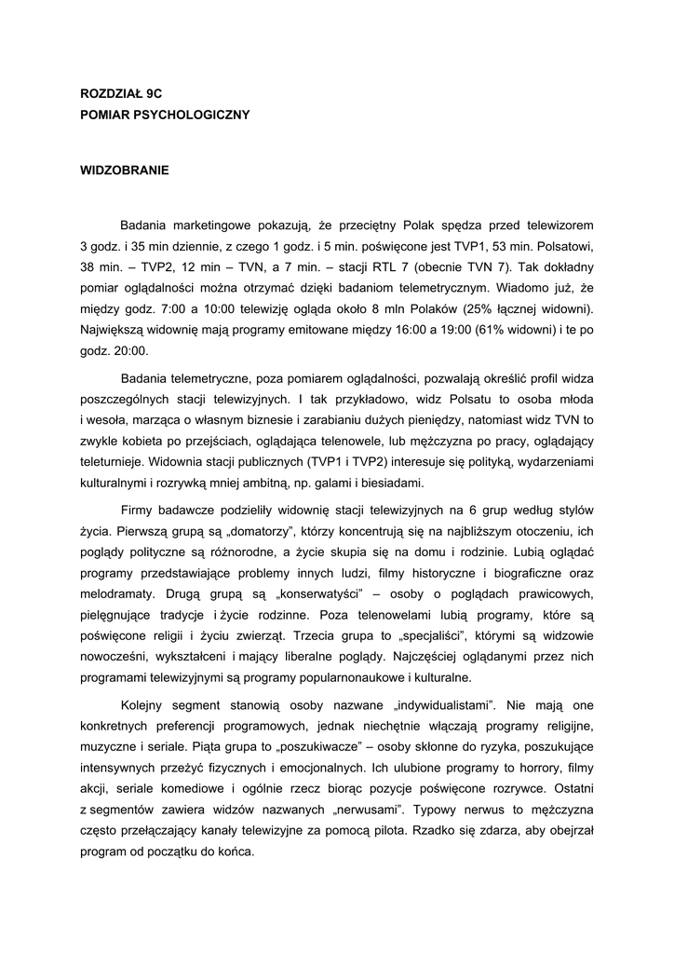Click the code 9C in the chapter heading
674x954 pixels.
tap(154, 94)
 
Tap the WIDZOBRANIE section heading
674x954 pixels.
tap(125, 170)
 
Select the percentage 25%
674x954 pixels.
tap(483, 308)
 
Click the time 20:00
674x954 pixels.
tap(130, 350)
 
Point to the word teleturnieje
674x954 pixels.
tap(114, 462)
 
